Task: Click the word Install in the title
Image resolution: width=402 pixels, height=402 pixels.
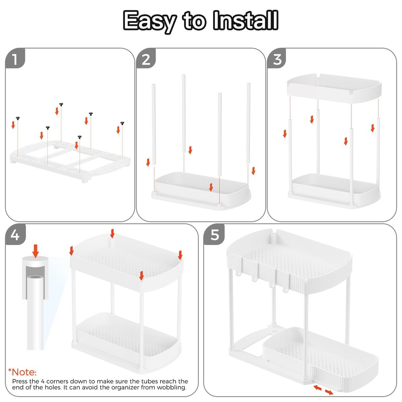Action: click(x=246, y=20)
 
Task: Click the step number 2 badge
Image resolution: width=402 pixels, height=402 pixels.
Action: click(x=146, y=59)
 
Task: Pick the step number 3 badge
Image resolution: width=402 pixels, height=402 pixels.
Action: click(x=277, y=59)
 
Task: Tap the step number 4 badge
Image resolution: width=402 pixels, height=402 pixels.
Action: click(x=15, y=234)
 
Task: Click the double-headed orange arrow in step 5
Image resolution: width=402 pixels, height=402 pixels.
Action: click(x=323, y=390)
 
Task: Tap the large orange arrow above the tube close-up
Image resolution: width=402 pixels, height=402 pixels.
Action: click(x=36, y=250)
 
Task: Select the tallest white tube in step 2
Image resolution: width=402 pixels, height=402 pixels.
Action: click(x=183, y=113)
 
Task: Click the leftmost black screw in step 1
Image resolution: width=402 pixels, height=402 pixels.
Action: click(x=18, y=117)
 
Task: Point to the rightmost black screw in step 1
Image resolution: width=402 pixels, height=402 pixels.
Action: click(x=122, y=123)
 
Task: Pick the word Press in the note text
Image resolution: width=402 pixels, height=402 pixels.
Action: click(x=20, y=381)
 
